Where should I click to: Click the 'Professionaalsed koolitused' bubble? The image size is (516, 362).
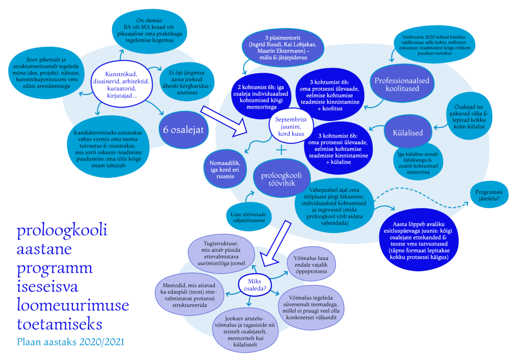(x=402, y=85)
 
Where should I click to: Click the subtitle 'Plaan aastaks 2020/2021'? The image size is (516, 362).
(x=71, y=342)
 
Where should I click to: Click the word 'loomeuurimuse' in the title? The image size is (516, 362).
(x=73, y=306)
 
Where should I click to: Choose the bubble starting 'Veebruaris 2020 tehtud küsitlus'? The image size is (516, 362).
(x=432, y=45)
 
